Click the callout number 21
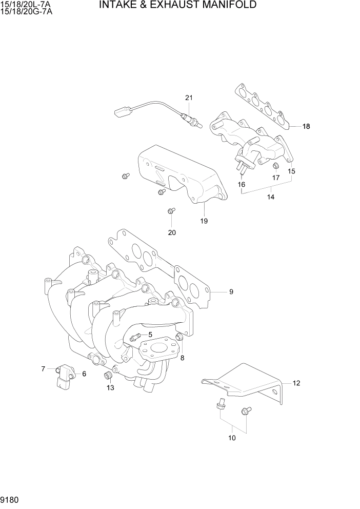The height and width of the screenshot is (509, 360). (189, 98)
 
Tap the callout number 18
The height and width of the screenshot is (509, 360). (306, 126)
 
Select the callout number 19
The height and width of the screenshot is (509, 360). (204, 221)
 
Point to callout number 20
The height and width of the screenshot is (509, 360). (172, 232)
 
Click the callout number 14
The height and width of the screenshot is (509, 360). (271, 197)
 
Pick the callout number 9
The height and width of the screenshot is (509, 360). (231, 292)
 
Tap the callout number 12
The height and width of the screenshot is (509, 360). (296, 383)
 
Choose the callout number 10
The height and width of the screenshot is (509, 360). (232, 438)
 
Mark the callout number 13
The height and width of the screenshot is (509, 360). (111, 388)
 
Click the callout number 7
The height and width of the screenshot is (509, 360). (44, 368)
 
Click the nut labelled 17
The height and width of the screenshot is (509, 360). (275, 165)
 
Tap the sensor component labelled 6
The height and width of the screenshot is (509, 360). (64, 376)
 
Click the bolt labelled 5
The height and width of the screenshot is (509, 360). (135, 337)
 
